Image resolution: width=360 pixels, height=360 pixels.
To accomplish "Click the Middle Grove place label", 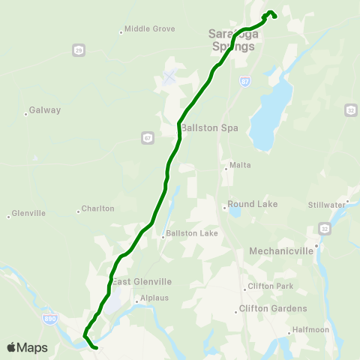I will (149, 29).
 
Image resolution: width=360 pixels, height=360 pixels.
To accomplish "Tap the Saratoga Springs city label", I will (232, 39).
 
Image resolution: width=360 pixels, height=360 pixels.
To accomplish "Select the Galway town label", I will (44, 110).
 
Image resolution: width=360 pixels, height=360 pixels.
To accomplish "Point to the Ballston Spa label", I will (209, 127).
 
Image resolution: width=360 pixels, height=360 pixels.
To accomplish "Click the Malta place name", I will (240, 165).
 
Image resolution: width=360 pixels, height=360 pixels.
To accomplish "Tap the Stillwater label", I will (326, 204).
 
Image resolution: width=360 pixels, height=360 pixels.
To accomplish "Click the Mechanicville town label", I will (289, 250).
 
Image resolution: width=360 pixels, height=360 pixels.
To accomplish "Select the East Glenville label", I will (142, 281).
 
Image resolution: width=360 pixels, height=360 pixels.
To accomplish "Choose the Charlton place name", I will (97, 208).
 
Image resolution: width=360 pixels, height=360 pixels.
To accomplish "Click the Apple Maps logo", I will (27, 347).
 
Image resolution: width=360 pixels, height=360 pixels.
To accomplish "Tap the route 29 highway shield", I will (79, 49).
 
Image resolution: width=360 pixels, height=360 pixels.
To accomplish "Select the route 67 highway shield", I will (146, 136).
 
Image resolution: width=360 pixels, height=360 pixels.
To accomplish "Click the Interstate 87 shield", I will (245, 80).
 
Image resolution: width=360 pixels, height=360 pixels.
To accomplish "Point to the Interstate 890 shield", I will (47, 319).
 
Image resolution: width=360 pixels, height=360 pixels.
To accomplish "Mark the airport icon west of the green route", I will (169, 77).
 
